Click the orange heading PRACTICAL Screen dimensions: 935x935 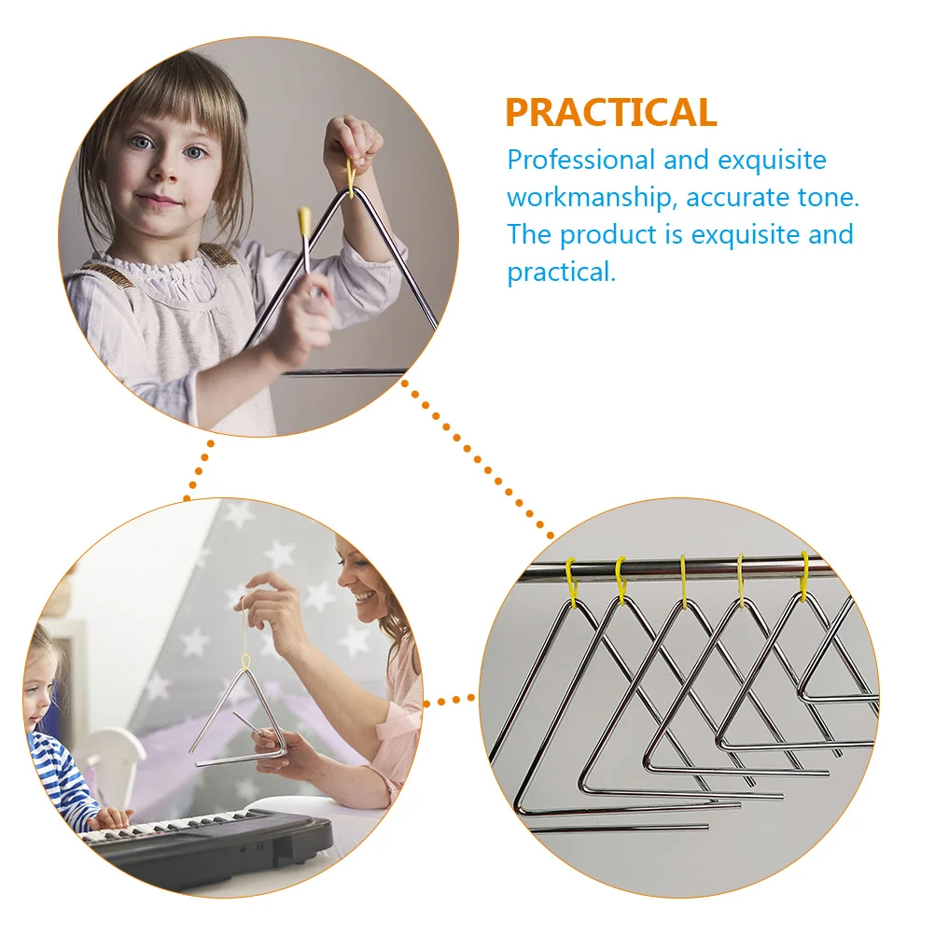pyautogui.click(x=610, y=112)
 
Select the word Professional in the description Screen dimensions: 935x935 pyautogui.click(x=581, y=160)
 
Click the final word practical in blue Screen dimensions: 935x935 pyautogui.click(x=561, y=272)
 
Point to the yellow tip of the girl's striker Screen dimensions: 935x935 pyautogui.click(x=303, y=221)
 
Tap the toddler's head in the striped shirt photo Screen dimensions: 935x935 pyautogui.click(x=39, y=672)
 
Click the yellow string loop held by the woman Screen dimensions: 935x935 pyautogui.click(x=246, y=662)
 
